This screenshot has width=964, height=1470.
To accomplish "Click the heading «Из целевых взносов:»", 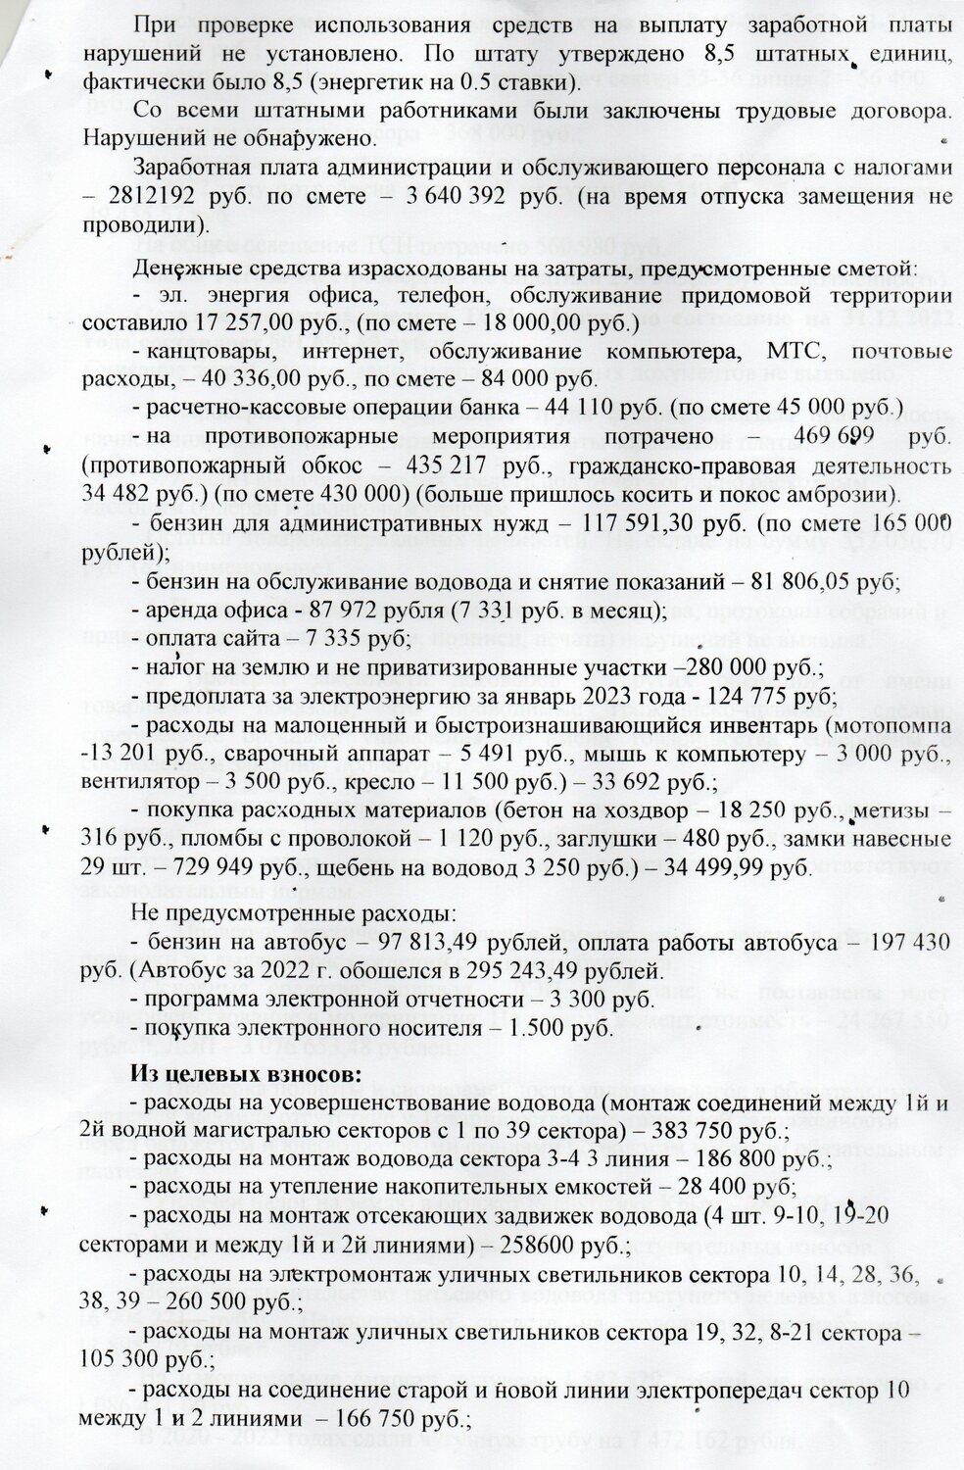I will point(246,1073).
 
